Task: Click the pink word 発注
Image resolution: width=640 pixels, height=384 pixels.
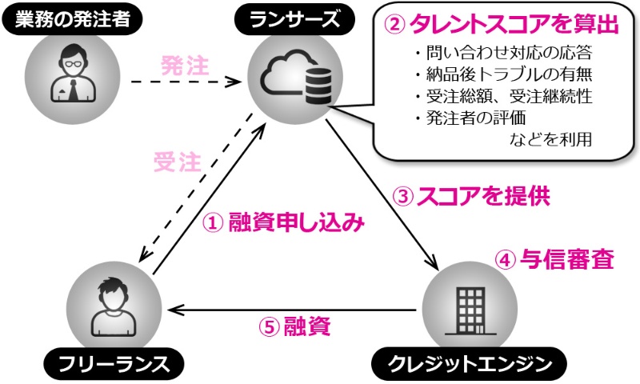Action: [185, 66]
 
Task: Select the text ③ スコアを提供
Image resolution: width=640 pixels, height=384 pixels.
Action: [471, 195]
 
